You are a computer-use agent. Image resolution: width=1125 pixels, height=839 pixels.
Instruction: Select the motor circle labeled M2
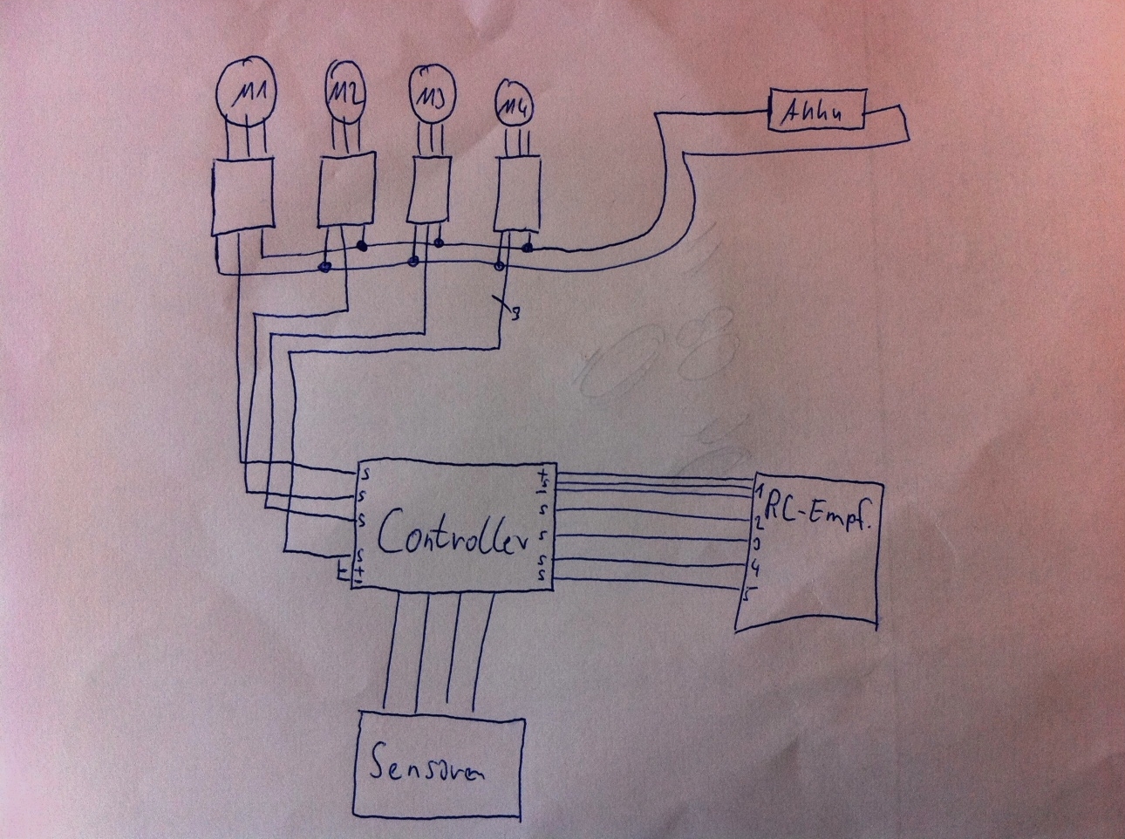346,89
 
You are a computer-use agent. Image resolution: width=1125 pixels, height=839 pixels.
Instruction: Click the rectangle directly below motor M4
517,194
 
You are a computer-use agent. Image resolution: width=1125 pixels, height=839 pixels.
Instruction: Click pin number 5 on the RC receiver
748,597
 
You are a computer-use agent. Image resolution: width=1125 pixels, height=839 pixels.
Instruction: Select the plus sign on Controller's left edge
358,569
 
